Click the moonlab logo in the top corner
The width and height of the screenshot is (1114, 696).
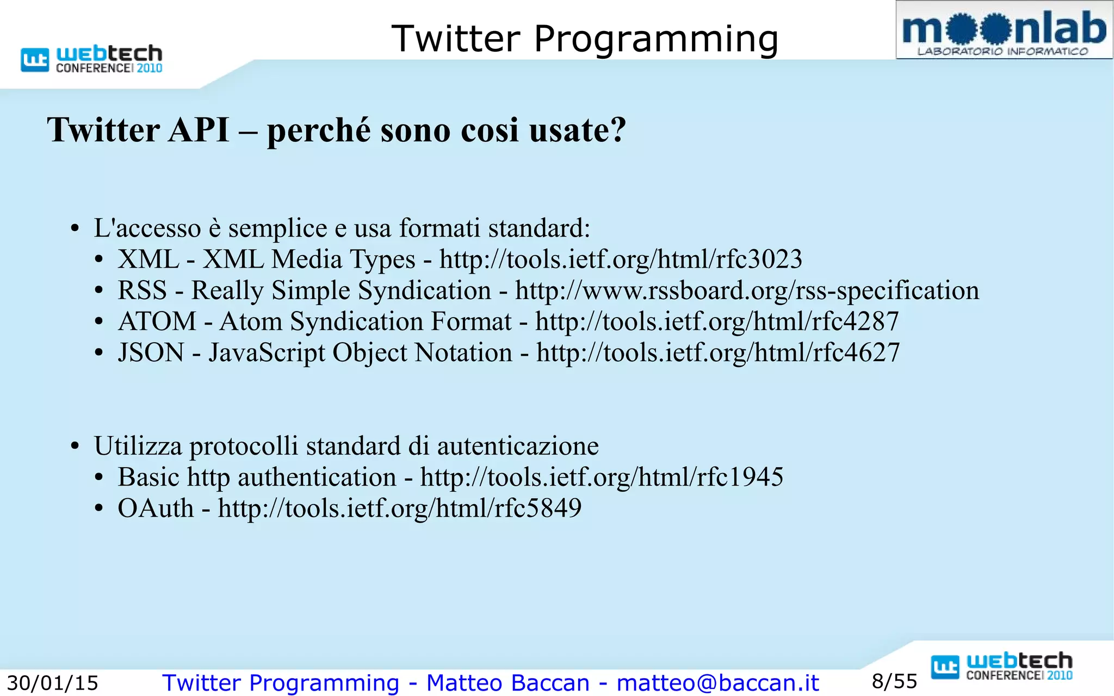click(1004, 30)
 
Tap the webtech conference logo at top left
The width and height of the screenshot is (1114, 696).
click(92, 59)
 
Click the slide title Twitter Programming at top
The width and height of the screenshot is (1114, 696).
click(585, 39)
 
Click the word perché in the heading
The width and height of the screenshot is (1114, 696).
click(319, 130)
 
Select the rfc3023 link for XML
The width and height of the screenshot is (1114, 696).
click(621, 259)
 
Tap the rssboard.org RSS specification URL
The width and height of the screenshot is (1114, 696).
click(747, 290)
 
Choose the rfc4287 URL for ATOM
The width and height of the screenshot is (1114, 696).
click(717, 321)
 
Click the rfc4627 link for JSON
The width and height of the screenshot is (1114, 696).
click(718, 353)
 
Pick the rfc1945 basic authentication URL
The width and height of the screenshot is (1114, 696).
click(602, 477)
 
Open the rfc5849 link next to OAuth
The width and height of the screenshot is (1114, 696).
click(400, 508)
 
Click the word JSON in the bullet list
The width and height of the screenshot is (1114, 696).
click(151, 353)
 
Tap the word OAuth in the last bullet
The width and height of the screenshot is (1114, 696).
click(156, 508)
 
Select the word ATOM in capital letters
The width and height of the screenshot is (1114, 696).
click(157, 321)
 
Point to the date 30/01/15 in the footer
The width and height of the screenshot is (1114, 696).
click(53, 683)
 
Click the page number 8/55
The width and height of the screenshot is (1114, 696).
click(894, 681)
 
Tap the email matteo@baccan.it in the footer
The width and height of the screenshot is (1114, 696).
click(717, 683)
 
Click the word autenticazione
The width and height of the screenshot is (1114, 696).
click(518, 446)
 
